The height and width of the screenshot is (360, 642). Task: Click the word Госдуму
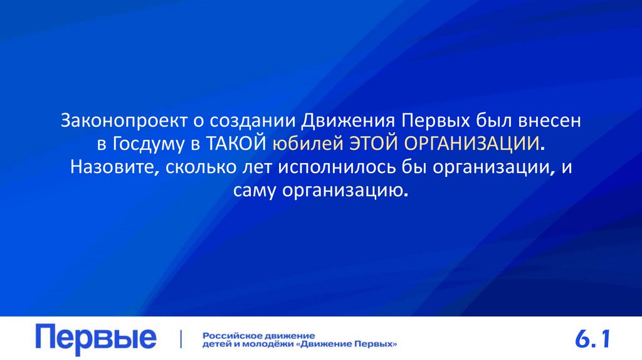pyautogui.click(x=146, y=144)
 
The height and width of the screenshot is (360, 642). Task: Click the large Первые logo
pyautogui.click(x=96, y=339)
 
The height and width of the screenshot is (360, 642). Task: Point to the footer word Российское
pyautogui.click(x=228, y=335)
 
